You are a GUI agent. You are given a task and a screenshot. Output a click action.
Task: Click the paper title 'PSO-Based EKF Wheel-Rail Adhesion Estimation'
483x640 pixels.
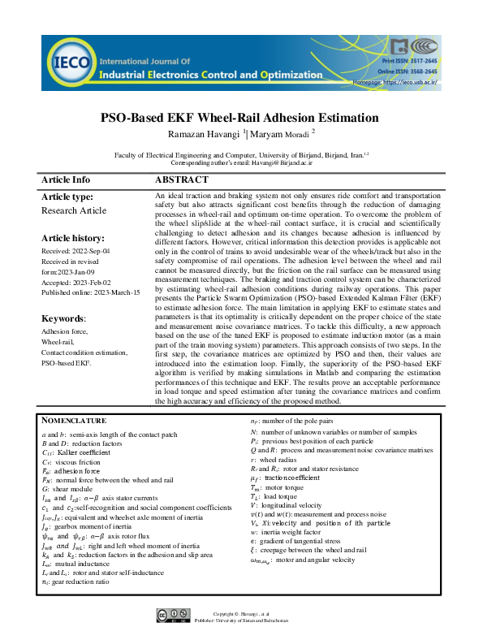tap(239, 117)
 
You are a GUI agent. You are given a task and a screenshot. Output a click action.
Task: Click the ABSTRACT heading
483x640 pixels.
tap(181, 179)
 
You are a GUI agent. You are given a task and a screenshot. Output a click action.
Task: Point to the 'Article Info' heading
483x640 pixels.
tap(66, 179)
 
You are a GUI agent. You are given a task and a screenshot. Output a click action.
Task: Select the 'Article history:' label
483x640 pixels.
tap(72, 239)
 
